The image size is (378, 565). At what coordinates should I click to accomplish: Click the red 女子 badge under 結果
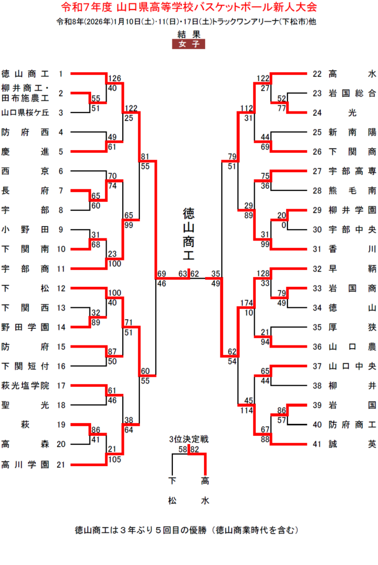188,45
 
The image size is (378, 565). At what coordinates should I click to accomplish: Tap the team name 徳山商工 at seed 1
25,73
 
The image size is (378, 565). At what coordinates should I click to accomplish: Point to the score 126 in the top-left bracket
115,78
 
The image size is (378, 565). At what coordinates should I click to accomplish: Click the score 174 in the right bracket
246,303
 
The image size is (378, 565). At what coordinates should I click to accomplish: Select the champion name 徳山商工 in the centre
190,233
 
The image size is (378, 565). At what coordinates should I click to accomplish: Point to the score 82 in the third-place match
194,450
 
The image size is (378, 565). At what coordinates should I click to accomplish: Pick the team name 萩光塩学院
25,386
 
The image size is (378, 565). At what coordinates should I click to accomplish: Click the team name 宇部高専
352,171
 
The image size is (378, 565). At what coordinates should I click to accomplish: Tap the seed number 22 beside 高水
317,73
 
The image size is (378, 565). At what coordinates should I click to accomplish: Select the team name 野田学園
25,327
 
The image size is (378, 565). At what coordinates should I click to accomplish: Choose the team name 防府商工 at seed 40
352,424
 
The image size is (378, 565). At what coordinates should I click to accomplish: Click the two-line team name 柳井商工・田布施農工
25,93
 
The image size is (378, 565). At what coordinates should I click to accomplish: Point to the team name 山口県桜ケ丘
25,113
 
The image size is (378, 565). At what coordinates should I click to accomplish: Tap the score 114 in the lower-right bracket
246,410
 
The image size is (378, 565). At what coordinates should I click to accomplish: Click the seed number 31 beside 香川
317,249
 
